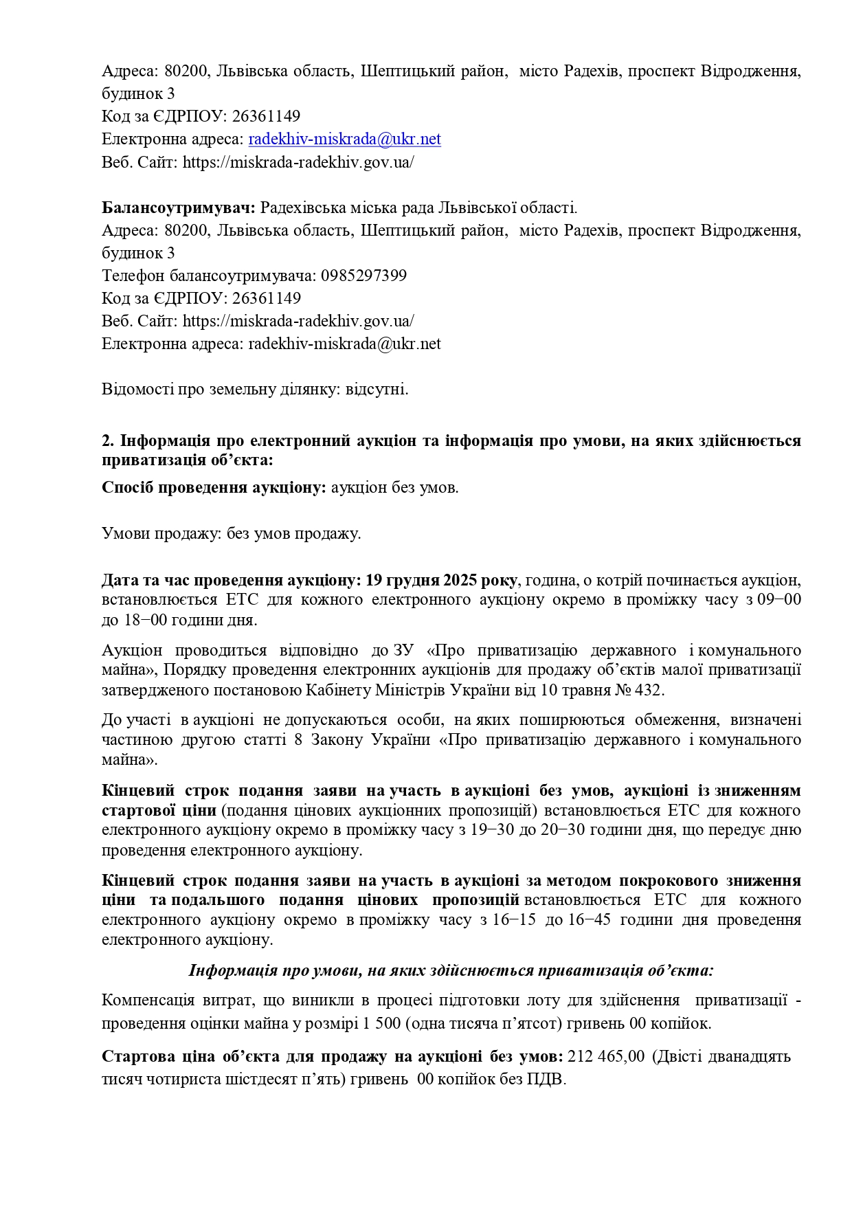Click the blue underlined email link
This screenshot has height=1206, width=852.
(x=344, y=139)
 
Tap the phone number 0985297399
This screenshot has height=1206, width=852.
(x=363, y=276)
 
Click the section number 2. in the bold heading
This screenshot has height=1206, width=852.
(x=107, y=440)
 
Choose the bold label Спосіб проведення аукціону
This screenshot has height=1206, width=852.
(x=214, y=488)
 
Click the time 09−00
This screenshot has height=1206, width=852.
(x=779, y=600)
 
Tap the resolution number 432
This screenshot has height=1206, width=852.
(x=649, y=689)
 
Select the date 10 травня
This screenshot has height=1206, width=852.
(x=576, y=689)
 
